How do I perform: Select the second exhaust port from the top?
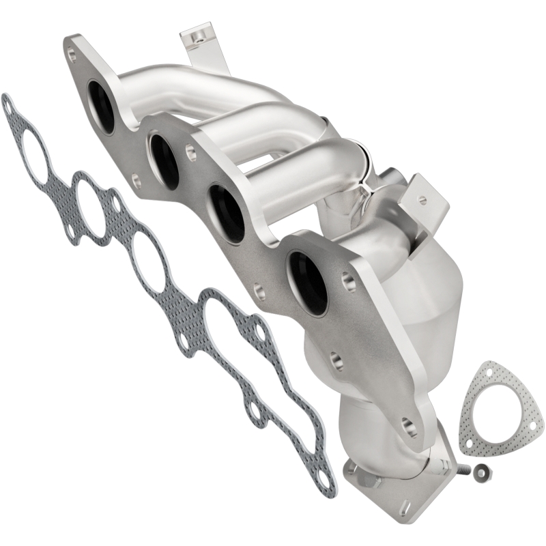click(164, 160)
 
